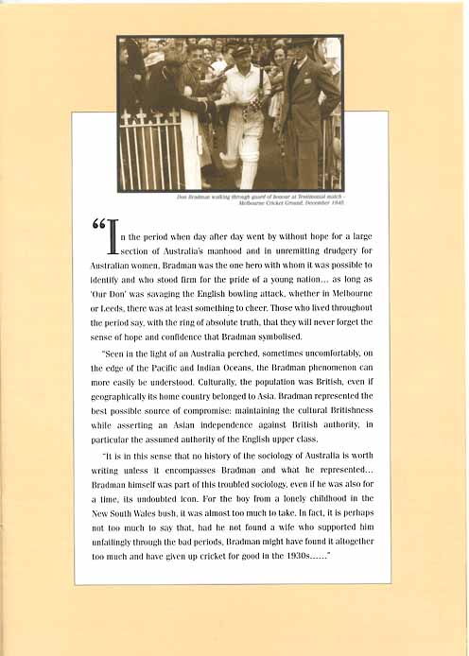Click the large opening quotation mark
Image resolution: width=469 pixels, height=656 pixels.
click(98, 228)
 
